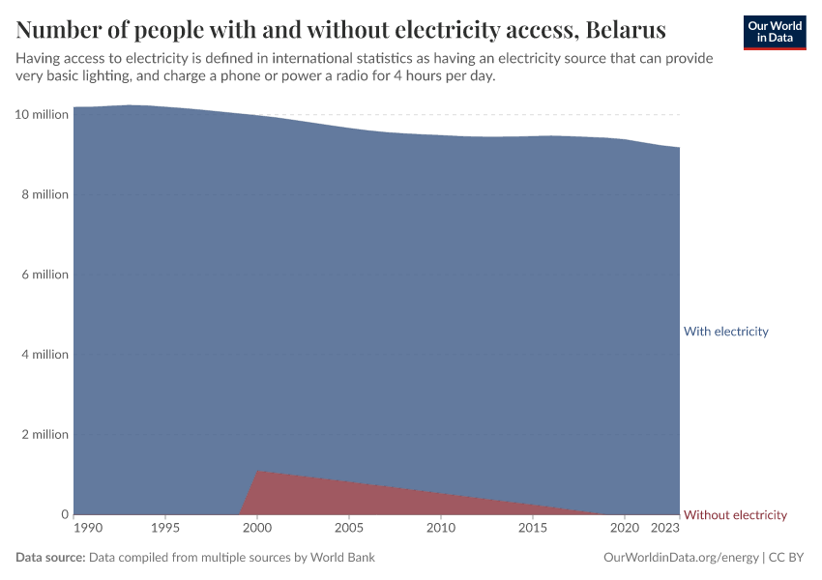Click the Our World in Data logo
point(774,32)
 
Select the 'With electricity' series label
point(725,332)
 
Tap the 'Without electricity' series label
point(735,515)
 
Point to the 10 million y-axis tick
point(42,115)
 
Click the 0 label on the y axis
point(64,515)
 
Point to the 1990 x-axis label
point(87,530)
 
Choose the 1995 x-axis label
point(165,530)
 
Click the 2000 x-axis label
point(257,530)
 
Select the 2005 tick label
point(349,530)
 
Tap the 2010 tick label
point(441,530)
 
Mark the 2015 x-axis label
point(533,530)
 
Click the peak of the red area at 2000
point(257,471)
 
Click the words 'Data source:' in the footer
point(50,558)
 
